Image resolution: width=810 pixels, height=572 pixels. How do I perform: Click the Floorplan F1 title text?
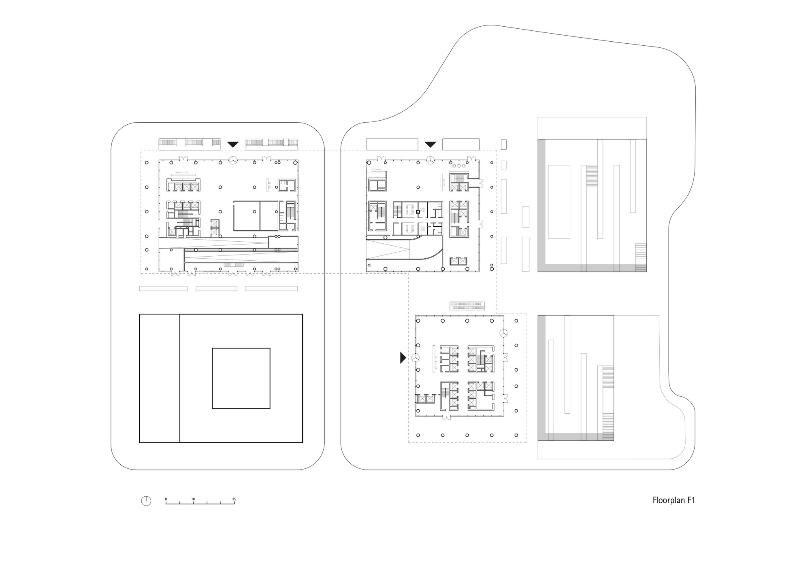[x=674, y=500]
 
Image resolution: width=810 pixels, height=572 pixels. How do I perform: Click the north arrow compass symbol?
[x=146, y=501]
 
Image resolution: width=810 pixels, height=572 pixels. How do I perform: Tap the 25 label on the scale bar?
[x=234, y=499]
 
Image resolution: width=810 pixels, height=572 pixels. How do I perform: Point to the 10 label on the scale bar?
[x=193, y=499]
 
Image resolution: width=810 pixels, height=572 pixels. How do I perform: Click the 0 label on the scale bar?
[x=166, y=499]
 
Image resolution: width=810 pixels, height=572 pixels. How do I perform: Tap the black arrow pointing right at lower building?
[x=403, y=357]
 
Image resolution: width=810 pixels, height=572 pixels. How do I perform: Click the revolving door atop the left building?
[x=233, y=160]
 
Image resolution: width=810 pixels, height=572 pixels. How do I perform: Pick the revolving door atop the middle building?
[x=430, y=160]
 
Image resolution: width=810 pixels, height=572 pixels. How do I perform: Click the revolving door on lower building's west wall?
[x=416, y=358]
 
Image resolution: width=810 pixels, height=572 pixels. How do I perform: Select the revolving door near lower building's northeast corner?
[x=503, y=333]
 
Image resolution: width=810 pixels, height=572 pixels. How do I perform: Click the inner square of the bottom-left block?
[x=241, y=378]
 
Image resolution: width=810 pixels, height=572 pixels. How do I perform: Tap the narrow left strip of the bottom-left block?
[x=160, y=378]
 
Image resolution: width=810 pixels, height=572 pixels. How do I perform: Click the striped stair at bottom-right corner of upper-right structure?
[x=641, y=257]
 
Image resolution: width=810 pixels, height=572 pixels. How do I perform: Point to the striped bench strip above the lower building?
[x=467, y=306]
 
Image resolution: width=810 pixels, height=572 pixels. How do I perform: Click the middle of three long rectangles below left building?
[x=216, y=289]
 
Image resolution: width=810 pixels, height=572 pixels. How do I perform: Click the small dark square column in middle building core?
[x=418, y=211]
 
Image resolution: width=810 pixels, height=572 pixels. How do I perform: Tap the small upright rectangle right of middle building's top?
[x=504, y=144]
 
